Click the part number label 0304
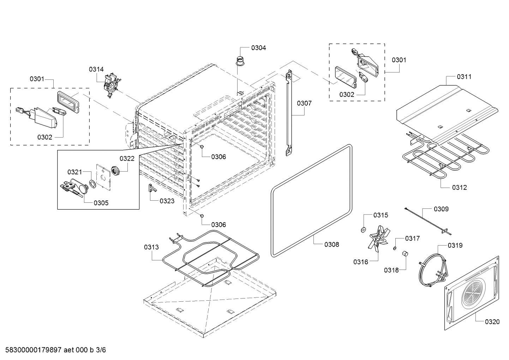coord(258,48)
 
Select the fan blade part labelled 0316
coord(378,238)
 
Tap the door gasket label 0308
coord(331,244)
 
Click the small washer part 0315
coord(363,230)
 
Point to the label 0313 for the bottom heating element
coord(151,247)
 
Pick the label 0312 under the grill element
coord(459,187)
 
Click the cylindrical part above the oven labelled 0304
coord(240,60)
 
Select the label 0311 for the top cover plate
coord(464,77)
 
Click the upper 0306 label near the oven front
coord(218,157)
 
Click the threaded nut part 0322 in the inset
coord(116,171)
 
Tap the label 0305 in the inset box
coord(101,203)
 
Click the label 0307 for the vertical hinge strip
coord(304,103)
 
